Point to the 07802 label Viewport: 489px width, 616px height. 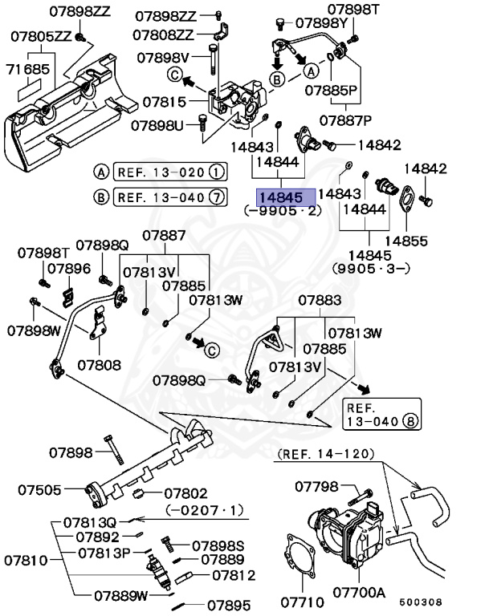[186, 493]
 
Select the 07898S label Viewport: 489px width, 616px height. [217, 545]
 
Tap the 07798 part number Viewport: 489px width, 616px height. [319, 486]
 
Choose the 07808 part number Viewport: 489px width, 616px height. [99, 365]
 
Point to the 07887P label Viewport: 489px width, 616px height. [345, 120]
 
